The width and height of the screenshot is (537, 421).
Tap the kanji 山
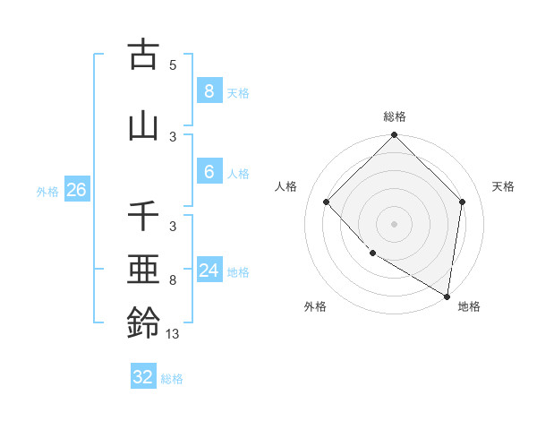143,125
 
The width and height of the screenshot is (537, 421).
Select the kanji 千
143,218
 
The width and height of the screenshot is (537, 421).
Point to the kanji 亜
143,271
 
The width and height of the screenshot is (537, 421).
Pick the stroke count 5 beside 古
173,64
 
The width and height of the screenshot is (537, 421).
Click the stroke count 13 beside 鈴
173,334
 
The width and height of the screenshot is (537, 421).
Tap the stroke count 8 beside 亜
173,280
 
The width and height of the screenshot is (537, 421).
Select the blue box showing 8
209,90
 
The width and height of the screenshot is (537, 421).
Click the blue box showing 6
209,172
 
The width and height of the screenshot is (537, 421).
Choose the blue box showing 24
209,271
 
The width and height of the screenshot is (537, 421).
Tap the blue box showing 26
76,190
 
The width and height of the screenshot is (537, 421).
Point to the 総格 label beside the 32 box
172,379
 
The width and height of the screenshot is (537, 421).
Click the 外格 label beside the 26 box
47,191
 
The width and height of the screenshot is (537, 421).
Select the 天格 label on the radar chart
503,186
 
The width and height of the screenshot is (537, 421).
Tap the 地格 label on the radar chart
469,306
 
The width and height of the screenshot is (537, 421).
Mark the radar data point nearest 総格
394,136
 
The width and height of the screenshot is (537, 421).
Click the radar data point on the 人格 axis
327,202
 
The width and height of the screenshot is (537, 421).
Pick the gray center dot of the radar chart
394,223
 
